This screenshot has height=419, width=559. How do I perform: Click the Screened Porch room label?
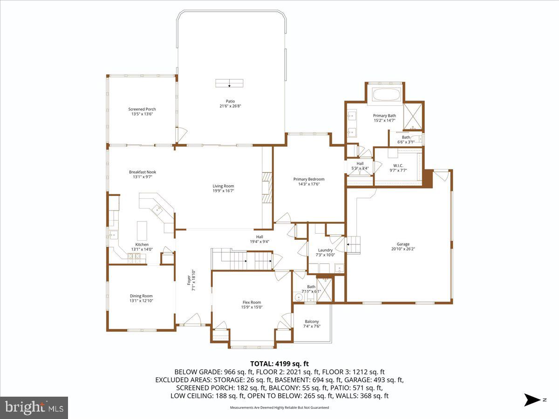(142, 109)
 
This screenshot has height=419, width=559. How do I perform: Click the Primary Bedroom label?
(308, 179)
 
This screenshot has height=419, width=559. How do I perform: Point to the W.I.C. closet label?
(398, 165)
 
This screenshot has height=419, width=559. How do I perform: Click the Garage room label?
(403, 244)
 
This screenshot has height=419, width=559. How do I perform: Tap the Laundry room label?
(325, 250)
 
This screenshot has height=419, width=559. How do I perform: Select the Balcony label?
(312, 322)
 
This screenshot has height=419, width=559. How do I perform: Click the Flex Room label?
(252, 302)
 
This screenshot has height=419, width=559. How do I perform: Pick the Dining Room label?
(141, 296)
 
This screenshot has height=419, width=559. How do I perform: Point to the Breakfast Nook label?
(142, 172)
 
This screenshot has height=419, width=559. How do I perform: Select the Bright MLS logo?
(34, 408)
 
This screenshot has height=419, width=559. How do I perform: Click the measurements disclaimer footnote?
(279, 407)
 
